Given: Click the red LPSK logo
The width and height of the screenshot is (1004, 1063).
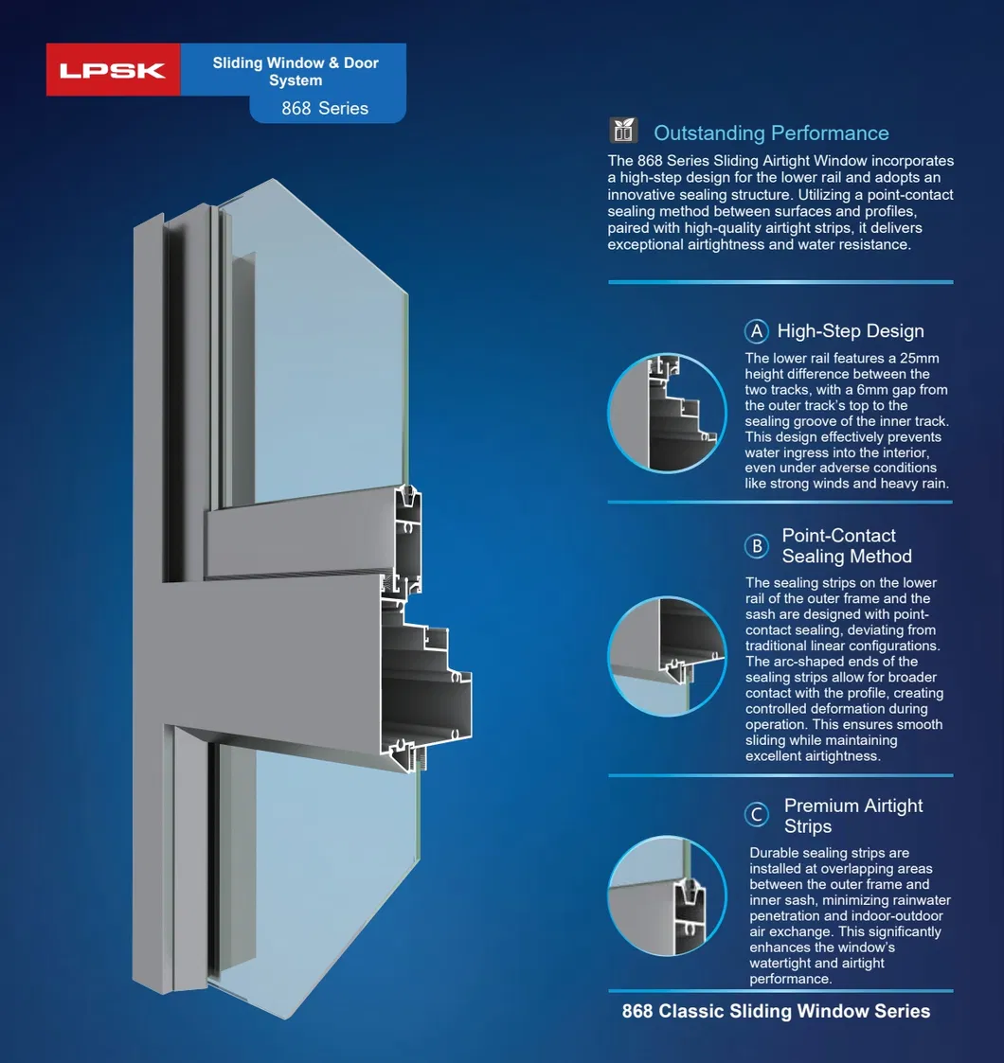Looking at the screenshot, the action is click(x=114, y=70).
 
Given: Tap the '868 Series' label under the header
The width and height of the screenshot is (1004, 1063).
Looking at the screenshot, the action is click(x=325, y=109).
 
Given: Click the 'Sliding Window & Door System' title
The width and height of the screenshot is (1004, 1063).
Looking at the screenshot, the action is click(x=296, y=71).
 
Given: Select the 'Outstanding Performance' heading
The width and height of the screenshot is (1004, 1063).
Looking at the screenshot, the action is click(x=771, y=133).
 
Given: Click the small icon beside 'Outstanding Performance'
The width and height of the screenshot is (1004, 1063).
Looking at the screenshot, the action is click(x=623, y=131).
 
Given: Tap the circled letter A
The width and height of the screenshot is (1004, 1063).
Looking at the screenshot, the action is click(x=757, y=331).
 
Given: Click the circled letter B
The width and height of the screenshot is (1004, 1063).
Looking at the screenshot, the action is click(x=757, y=546).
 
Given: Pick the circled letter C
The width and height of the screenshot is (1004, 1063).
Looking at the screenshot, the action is click(x=757, y=814).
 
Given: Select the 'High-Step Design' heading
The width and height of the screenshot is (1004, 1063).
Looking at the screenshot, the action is click(x=851, y=331).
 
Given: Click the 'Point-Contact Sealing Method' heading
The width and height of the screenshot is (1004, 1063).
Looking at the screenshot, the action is click(x=847, y=546).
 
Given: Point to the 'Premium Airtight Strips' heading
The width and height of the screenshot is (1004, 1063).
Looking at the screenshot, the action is click(x=853, y=816).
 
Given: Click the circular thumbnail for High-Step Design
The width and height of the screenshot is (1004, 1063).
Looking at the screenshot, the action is click(x=667, y=413).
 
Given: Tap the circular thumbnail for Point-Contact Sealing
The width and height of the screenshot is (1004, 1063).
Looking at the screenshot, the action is click(x=667, y=656).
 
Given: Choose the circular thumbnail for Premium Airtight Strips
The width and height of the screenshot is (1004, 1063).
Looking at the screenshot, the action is click(x=667, y=896).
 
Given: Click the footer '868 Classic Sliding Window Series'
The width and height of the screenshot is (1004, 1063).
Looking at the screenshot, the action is click(x=776, y=1011).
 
